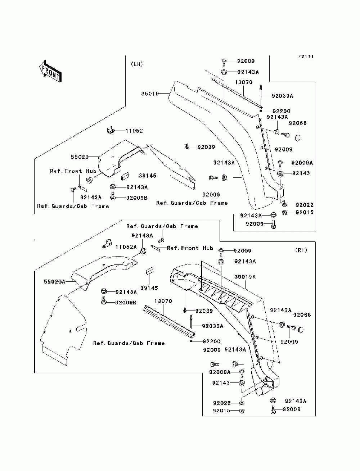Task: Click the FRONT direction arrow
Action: click(x=50, y=71)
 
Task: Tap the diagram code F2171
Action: click(x=306, y=56)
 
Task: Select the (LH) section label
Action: click(x=137, y=64)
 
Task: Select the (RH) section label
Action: click(x=301, y=250)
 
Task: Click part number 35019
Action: click(x=150, y=94)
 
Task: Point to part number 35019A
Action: click(x=245, y=277)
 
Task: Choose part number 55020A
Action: click(x=54, y=281)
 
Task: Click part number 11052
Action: click(x=134, y=131)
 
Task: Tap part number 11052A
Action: click(x=126, y=247)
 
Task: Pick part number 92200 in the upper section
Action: click(x=281, y=111)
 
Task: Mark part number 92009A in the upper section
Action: click(x=302, y=163)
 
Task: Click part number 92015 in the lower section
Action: click(x=221, y=411)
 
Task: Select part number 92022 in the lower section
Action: click(x=222, y=403)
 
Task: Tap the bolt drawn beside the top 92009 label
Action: click(x=224, y=63)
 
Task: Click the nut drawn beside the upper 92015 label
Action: click(x=284, y=213)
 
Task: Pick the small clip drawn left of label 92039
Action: click(x=187, y=147)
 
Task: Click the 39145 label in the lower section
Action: click(x=149, y=288)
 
